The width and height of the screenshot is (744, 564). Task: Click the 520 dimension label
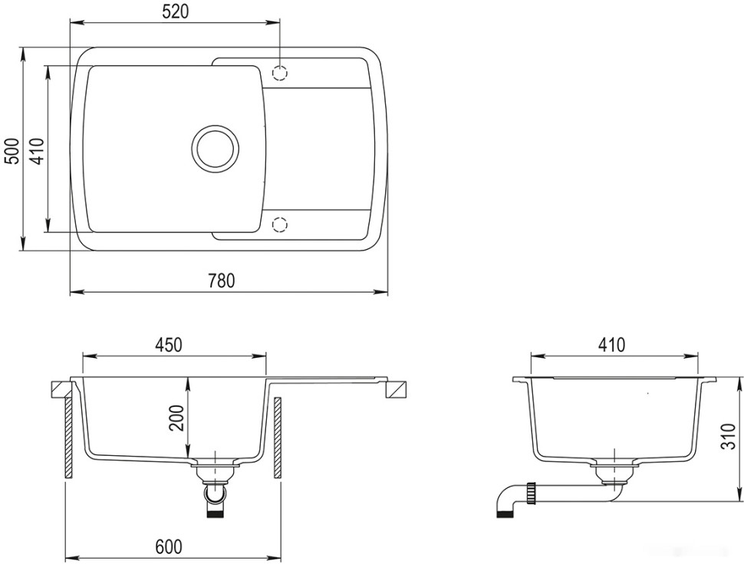(x=175, y=11)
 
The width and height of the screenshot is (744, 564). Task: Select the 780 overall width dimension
(x=222, y=280)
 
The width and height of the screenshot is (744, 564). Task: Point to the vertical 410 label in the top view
(x=38, y=150)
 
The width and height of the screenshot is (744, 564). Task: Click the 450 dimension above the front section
(x=168, y=345)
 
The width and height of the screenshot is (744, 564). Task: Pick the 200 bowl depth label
(x=177, y=418)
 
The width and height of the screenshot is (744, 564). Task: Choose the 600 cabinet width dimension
(x=169, y=546)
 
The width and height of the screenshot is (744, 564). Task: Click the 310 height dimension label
(x=729, y=436)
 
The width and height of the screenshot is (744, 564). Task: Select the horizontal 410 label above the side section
(x=612, y=345)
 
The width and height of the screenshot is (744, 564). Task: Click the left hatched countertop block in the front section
(x=61, y=389)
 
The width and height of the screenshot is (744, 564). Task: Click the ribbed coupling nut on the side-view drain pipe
(x=532, y=493)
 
